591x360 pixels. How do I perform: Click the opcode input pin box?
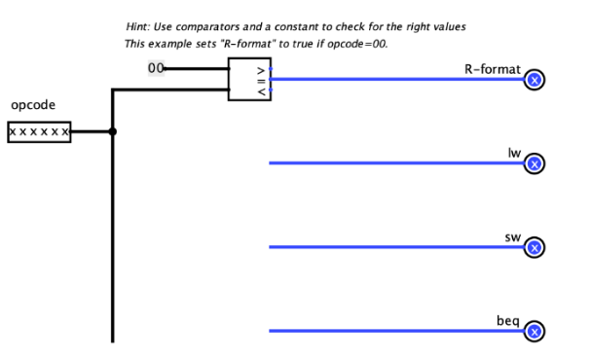39,132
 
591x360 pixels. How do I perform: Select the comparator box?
248,78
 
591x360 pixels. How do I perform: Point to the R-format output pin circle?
534,81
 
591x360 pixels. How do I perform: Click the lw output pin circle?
534,163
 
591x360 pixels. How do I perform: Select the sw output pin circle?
534,248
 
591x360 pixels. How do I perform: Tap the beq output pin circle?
534,332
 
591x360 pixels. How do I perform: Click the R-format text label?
495,69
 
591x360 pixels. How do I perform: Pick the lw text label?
514,153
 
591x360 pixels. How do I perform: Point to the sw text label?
513,236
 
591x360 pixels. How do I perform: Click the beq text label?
510,320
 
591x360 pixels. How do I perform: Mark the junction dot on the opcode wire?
113,132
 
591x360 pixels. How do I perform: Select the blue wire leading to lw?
389,163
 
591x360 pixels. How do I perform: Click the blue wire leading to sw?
389,247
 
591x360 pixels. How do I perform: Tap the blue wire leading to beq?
389,332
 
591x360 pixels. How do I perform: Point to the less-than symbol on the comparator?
260,91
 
